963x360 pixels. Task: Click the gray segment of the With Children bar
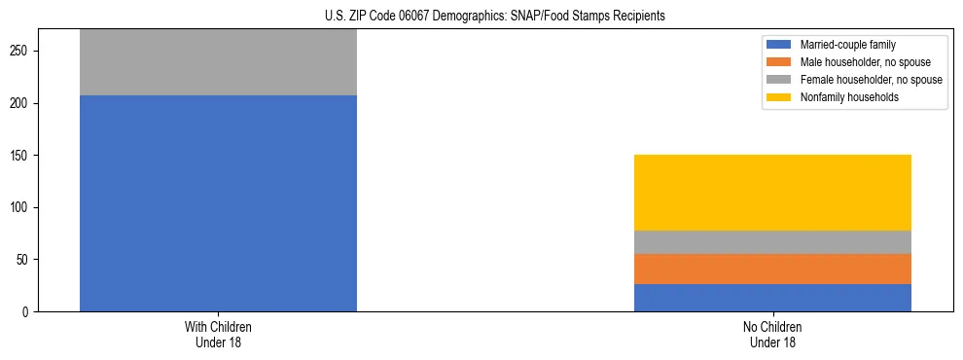218,62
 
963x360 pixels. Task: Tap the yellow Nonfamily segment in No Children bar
772,193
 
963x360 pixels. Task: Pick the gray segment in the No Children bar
772,242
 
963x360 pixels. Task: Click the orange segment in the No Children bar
772,269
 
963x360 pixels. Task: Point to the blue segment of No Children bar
772,298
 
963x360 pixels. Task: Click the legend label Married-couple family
842,45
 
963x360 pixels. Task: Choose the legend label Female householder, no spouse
871,80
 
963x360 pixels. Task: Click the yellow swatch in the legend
779,97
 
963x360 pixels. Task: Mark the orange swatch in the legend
779,62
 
